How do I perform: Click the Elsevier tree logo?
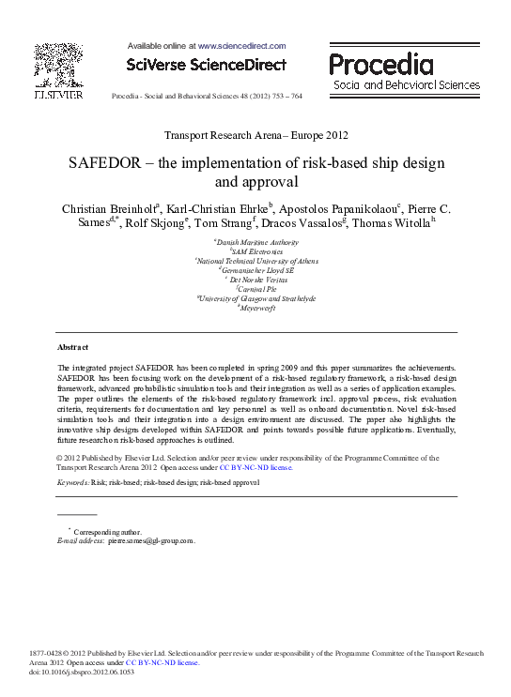click(58, 66)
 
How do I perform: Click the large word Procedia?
click(381, 65)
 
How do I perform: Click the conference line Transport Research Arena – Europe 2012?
click(255, 136)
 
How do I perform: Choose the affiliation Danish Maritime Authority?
click(256, 242)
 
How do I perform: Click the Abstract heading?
click(72, 347)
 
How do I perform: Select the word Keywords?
click(72, 482)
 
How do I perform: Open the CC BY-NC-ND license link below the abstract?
click(255, 466)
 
